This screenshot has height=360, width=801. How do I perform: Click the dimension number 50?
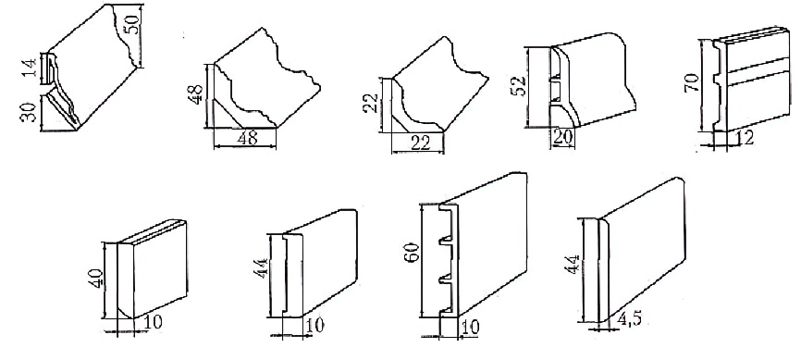[133, 23]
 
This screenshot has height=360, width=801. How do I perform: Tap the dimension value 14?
[31, 68]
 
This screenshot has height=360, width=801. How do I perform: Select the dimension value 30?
[29, 113]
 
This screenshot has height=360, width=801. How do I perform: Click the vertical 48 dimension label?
[196, 94]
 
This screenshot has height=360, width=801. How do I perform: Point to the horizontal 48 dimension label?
[247, 139]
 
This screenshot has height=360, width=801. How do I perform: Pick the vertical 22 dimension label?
[373, 103]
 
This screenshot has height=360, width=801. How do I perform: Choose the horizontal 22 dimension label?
[421, 144]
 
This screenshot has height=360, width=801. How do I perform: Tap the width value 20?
[562, 136]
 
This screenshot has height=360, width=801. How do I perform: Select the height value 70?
[691, 81]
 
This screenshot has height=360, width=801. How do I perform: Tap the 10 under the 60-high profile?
[470, 328]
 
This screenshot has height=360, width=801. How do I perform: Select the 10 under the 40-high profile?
[154, 322]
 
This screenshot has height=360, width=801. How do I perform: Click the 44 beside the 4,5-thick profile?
[573, 266]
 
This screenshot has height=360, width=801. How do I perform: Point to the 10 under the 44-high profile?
[314, 325]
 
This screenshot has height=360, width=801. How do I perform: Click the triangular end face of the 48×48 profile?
[224, 110]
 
